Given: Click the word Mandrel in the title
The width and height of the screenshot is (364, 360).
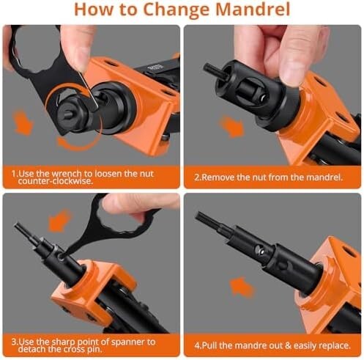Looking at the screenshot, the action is point(253,10).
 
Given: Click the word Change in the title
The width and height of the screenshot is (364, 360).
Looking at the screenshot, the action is point(176,10).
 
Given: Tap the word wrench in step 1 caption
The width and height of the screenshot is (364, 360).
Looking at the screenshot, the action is point(67,174).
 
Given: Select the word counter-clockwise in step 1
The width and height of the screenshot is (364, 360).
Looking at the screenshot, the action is point(56,181).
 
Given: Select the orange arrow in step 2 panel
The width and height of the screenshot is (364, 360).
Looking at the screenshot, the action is point(231,126).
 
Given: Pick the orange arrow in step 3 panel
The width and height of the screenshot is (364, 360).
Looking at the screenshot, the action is point(59,221).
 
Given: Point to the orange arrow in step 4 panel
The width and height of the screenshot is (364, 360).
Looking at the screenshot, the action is point(242,287).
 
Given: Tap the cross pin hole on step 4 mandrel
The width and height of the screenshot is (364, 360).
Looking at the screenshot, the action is point(259,250).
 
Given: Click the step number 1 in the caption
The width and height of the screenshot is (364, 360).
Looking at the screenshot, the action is point(13,174).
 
